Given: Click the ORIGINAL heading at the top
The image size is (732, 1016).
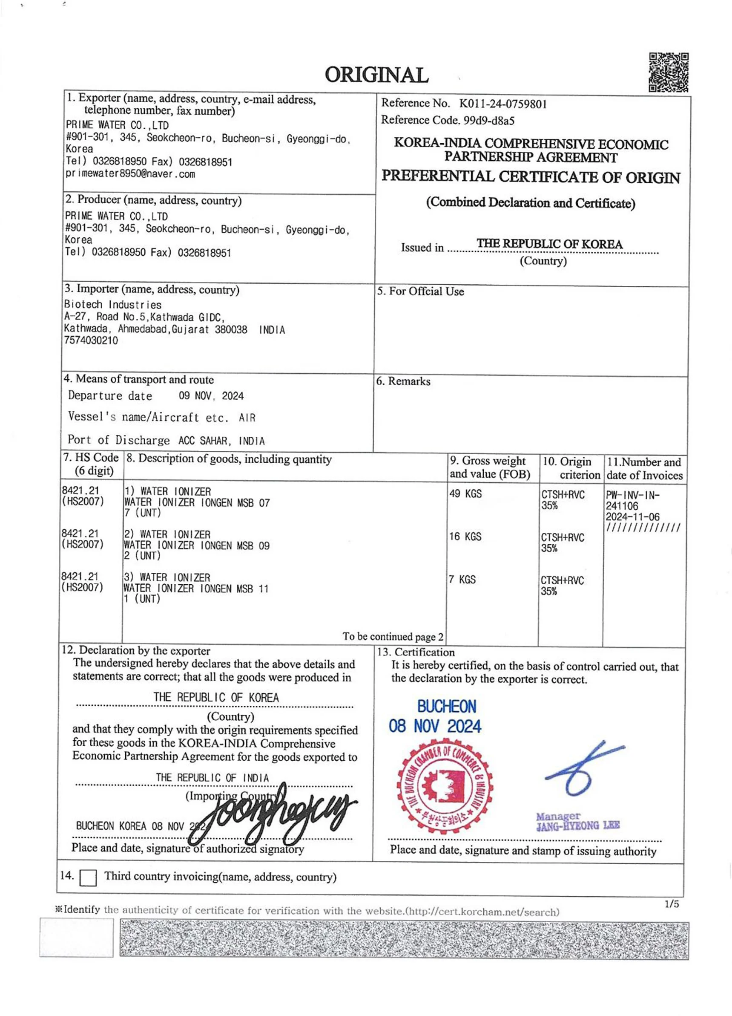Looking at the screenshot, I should [x=376, y=75].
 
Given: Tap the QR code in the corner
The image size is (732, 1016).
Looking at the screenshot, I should [x=668, y=72].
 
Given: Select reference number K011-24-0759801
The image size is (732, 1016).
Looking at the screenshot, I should [x=502, y=104].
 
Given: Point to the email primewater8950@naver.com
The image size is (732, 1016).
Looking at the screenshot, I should [x=130, y=174].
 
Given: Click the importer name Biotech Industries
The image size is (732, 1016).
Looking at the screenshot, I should [x=112, y=305].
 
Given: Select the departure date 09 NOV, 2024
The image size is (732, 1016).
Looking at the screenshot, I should [x=211, y=396].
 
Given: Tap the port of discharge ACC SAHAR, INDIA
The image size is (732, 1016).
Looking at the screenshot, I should [x=221, y=441].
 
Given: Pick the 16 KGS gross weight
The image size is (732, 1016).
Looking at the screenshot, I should [x=465, y=537].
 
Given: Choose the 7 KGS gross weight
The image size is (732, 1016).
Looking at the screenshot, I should [x=462, y=580].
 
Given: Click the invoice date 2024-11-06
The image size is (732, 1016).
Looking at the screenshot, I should [x=632, y=517].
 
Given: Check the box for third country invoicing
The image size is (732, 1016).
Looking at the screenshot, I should [x=88, y=877].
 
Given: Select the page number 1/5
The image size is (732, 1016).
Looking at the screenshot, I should [x=672, y=904].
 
